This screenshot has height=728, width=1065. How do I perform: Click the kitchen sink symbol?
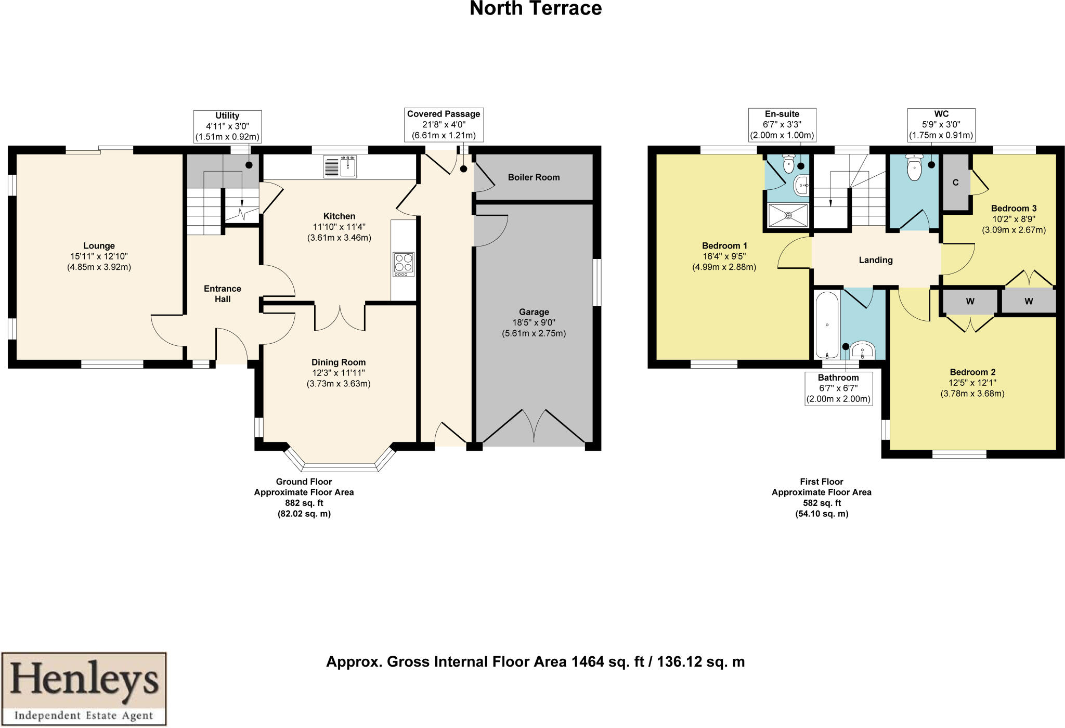(340, 167)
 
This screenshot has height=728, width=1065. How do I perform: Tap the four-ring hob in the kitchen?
(404, 264)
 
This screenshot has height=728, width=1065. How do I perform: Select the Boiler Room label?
(534, 177)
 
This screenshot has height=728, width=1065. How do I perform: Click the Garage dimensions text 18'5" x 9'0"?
(534, 322)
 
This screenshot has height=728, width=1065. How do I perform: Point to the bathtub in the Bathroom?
(827, 325)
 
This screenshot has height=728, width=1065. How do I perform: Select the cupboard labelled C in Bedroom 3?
(956, 183)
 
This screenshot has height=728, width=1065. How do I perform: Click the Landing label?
(876, 260)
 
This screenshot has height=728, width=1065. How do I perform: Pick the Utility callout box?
(227, 126)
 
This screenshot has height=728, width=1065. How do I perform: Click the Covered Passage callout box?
(444, 125)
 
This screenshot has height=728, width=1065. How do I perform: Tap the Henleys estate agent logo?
(84, 688)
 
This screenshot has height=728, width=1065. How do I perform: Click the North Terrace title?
(535, 9)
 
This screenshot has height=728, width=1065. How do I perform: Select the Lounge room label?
(99, 246)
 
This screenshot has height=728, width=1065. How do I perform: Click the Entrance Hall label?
(223, 294)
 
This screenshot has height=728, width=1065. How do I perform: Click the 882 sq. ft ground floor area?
(304, 503)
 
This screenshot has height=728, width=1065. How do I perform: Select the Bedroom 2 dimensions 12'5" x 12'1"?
(972, 383)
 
